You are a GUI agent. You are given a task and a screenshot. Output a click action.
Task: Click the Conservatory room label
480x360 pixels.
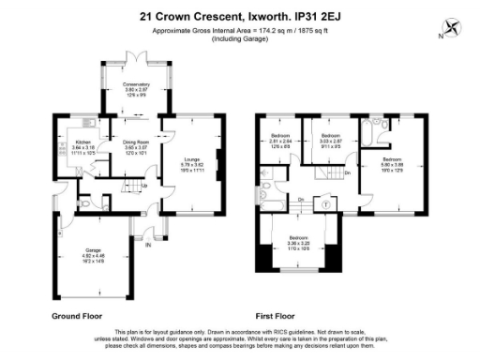(x=138, y=89)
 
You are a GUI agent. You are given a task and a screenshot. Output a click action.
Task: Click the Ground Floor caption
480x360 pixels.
(x=76, y=317)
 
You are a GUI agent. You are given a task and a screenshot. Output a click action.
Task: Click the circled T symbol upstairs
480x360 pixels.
(x=324, y=203)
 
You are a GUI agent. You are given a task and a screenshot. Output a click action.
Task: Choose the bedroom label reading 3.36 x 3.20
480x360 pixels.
(x=298, y=242)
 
